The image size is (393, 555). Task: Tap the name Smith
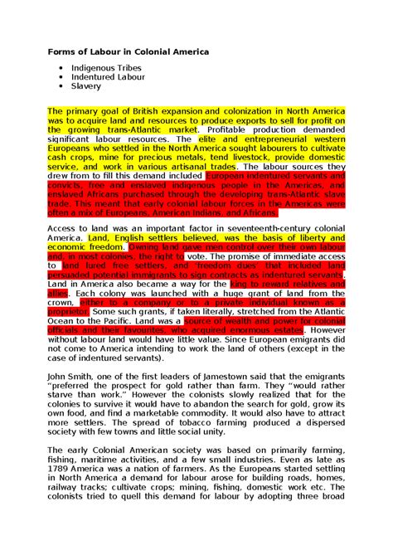point(81,375)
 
